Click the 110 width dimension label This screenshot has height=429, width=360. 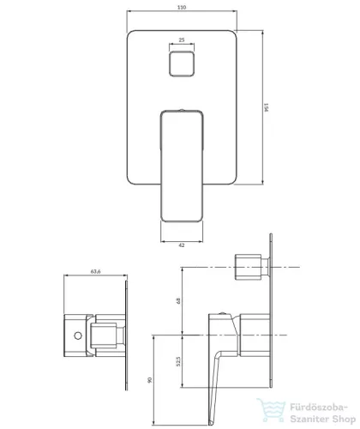pyautogui.click(x=182, y=7)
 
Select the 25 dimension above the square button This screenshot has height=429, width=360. pyautogui.click(x=182, y=40)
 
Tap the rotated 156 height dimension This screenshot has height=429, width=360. pyautogui.click(x=267, y=107)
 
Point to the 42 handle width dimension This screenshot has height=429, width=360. pyautogui.click(x=182, y=245)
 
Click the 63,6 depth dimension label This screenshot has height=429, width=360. pyautogui.click(x=95, y=271)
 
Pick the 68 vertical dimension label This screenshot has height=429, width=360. pyautogui.click(x=178, y=300)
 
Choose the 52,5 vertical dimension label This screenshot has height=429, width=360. pyautogui.click(x=178, y=361)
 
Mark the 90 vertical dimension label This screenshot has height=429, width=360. pyautogui.click(x=150, y=380)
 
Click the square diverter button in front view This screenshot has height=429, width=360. pyautogui.click(x=182, y=64)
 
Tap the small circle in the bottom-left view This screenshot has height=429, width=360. pyautogui.click(x=78, y=335)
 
